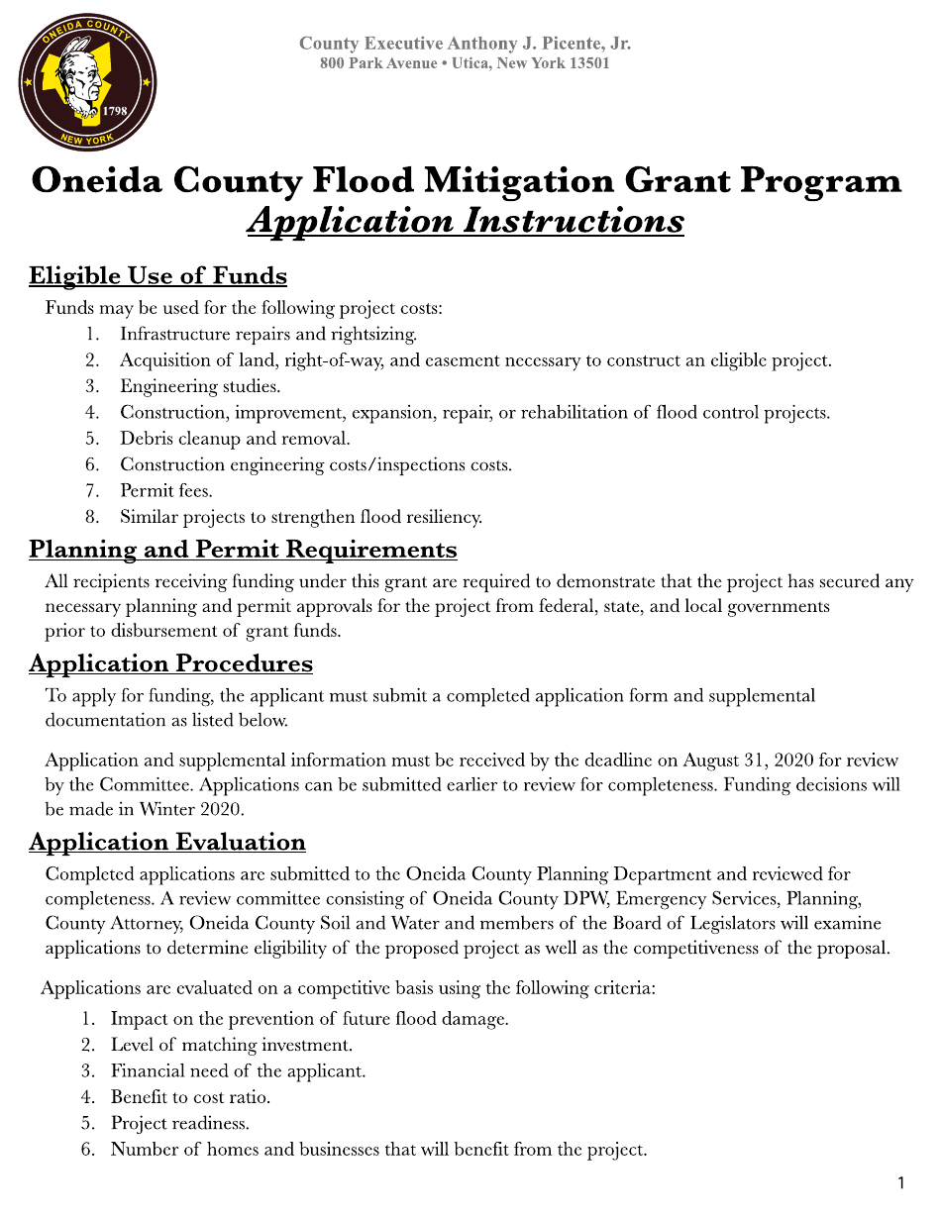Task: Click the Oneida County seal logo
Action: [x=87, y=82]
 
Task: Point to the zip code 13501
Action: [x=583, y=63]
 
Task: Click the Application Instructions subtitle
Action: [x=465, y=220]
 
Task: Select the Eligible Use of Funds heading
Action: [x=157, y=275]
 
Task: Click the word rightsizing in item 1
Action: [x=375, y=334]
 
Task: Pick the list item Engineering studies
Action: [x=200, y=386]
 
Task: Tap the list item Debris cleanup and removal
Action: [x=235, y=438]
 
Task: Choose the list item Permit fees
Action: [x=165, y=490]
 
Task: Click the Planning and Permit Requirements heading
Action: [x=243, y=549]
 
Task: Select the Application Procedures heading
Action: [x=170, y=663]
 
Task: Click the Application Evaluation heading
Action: [x=166, y=842]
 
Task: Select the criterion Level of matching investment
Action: [x=231, y=1045]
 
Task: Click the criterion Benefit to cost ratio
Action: [x=190, y=1097]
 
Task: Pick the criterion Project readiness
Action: [x=179, y=1123]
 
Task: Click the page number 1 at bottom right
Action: [x=900, y=1183]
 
